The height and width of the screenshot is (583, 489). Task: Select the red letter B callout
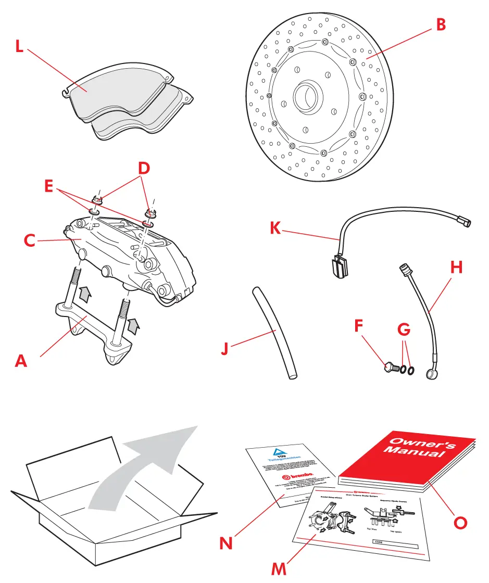coord(441,24)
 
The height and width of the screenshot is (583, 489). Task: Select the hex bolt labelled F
coord(391,367)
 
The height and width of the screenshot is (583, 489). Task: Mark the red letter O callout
coord(460,522)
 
